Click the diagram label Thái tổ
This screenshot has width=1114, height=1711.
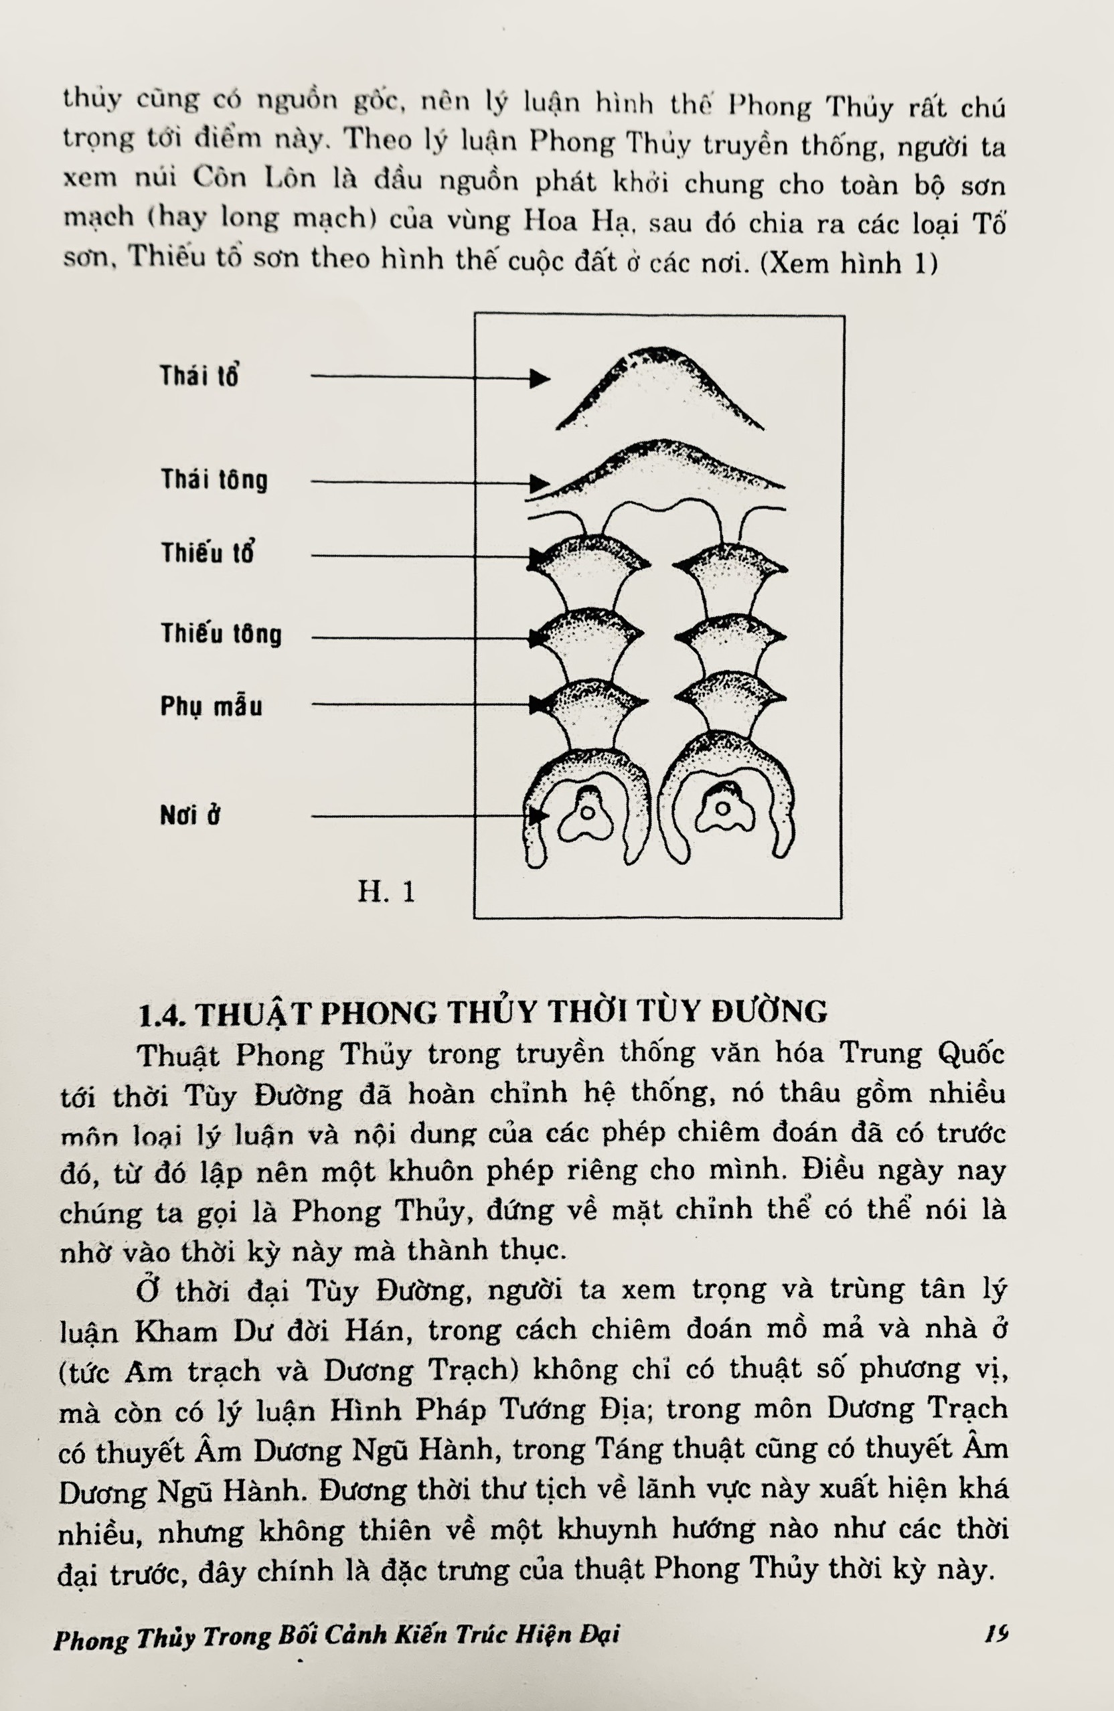tap(198, 376)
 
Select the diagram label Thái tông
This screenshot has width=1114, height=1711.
tap(214, 479)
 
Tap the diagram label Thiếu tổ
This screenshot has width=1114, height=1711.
tap(207, 553)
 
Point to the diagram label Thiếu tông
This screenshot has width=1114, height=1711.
tap(221, 633)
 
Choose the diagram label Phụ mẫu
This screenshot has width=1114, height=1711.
tap(211, 706)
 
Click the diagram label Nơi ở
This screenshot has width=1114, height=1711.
tap(190, 815)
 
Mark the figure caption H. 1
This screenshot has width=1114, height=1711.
tap(386, 892)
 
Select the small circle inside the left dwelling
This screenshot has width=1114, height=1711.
tap(587, 813)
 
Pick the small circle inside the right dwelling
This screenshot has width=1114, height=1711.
tap(722, 808)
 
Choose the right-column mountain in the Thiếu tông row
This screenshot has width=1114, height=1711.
tap(730, 638)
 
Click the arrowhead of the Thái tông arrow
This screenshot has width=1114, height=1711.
tap(540, 483)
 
